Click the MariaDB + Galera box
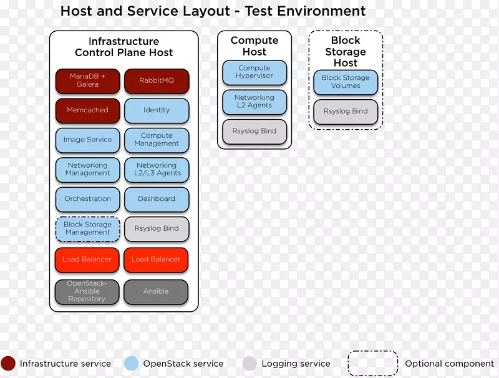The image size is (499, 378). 87,80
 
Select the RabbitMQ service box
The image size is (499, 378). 157,80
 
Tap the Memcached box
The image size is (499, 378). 87,110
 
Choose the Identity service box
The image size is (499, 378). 157,110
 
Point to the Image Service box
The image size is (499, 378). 87,140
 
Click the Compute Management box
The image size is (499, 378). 157,140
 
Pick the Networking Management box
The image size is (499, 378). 87,170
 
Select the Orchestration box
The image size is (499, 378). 87,199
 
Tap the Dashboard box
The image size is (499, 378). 157,199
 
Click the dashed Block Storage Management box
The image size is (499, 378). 87,229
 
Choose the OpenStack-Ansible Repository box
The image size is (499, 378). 87,291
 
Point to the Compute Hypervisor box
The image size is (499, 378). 254,72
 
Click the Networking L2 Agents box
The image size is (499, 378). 254,102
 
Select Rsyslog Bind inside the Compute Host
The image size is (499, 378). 254,132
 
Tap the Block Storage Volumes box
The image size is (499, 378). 346,82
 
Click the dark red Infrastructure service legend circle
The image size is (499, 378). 9,364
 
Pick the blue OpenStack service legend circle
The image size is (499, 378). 132,364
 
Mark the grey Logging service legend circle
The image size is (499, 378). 249,364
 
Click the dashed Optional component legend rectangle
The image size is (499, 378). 372,364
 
